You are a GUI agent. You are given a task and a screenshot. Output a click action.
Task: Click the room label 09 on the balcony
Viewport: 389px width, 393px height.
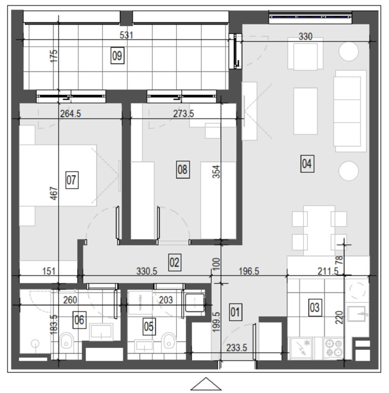click(x=117, y=55)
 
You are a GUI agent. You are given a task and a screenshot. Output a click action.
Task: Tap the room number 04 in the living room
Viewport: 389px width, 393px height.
click(x=307, y=164)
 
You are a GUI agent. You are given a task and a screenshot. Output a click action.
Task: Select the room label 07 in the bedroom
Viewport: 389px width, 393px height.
click(x=72, y=180)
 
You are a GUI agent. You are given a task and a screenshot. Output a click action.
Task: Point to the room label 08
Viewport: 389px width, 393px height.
click(x=182, y=170)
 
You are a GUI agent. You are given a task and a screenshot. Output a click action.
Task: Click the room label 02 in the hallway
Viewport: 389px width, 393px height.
click(x=174, y=262)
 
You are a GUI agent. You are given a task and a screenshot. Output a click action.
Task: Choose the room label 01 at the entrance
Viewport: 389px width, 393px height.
click(x=235, y=312)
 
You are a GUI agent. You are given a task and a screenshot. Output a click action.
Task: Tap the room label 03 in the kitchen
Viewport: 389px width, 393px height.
click(x=315, y=308)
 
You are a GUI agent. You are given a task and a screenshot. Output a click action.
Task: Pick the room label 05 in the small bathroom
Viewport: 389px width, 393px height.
click(x=149, y=327)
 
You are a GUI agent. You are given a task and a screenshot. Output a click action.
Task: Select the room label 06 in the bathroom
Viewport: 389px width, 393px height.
click(x=80, y=320)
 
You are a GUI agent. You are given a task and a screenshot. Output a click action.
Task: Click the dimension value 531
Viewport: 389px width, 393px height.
click(x=126, y=35)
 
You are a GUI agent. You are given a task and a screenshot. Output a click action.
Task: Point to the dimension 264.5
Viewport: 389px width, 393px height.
click(x=71, y=114)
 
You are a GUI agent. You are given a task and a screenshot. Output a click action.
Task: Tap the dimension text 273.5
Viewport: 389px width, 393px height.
click(x=184, y=114)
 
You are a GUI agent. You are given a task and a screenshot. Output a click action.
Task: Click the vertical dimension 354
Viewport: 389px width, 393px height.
click(x=216, y=172)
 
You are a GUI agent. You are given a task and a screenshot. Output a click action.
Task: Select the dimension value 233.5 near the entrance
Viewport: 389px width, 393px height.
click(x=236, y=347)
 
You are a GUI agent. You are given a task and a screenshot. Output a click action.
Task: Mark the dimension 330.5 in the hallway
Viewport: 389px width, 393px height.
click(x=146, y=271)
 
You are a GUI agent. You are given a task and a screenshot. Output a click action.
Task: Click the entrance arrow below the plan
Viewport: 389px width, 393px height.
click(x=206, y=384)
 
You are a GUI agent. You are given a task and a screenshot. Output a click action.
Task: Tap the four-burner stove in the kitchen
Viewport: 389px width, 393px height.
click(x=333, y=349)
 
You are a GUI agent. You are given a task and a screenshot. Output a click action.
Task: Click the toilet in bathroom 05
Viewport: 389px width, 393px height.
click(x=168, y=340)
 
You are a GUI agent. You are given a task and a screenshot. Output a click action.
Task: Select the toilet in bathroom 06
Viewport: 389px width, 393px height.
click(x=66, y=340)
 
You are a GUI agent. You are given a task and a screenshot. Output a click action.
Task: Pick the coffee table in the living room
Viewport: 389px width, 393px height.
click(x=305, y=111)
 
